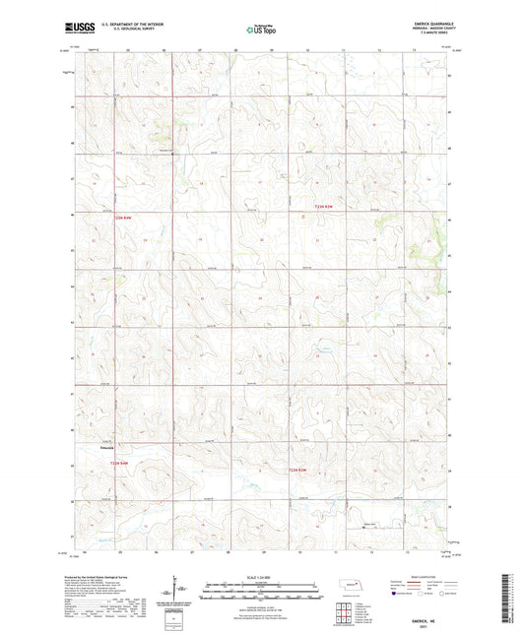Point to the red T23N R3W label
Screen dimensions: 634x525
tap(324, 205)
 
